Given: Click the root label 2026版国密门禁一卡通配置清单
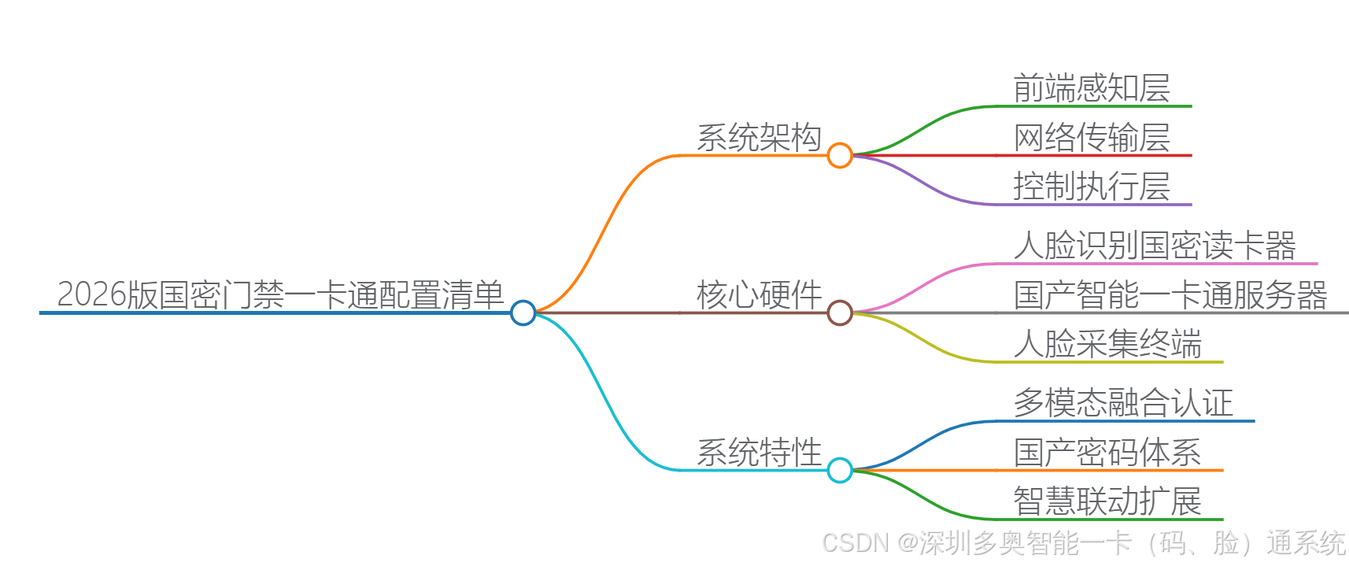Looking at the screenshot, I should click(280, 295).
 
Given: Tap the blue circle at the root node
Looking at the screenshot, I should click(523, 313).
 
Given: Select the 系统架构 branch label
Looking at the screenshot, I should click(759, 138).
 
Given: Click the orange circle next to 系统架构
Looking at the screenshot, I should click(840, 155).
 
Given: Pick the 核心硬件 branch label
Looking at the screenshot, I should click(759, 295).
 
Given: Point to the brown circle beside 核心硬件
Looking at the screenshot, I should click(840, 313).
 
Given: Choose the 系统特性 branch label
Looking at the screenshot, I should click(759, 453).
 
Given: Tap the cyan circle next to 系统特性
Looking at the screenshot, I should click(840, 470).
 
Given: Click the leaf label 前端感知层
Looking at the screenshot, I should click(1092, 88).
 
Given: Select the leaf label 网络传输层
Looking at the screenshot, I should click(1092, 138).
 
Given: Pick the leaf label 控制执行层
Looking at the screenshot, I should click(1092, 187).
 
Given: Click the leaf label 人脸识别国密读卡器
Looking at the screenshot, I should click(1155, 246).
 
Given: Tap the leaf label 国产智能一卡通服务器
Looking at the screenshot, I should click(1170, 295).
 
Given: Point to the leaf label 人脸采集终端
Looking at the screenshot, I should click(1107, 344).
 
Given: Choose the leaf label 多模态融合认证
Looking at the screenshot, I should click(1123, 403).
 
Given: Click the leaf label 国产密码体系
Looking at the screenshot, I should click(1107, 453).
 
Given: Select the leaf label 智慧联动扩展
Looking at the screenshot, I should click(1107, 501).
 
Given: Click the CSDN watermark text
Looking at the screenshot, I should click(1084, 543).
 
